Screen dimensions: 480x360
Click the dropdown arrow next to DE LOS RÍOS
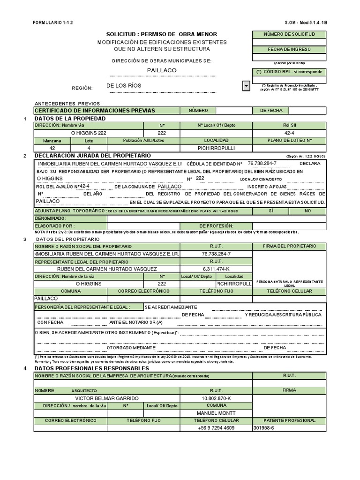point(246,86)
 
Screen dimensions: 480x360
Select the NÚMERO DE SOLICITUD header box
point(289,35)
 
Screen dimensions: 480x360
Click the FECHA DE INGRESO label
point(289,49)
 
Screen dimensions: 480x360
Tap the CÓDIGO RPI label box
point(289,72)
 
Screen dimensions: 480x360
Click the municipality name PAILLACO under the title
point(162,70)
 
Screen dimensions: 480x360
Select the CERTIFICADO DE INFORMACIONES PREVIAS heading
point(95,110)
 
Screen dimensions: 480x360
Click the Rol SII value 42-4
point(289,133)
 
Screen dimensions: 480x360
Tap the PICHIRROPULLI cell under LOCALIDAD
point(216,148)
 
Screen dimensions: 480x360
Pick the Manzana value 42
point(52,148)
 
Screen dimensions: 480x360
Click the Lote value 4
point(89,148)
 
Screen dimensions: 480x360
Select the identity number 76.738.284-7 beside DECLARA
point(262,163)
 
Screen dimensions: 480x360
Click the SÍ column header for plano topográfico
point(270,211)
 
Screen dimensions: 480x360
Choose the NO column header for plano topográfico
point(307,211)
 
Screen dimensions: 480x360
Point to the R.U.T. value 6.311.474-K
point(216,269)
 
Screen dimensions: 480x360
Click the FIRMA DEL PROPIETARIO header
point(289,246)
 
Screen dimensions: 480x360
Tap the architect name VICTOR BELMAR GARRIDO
point(107,398)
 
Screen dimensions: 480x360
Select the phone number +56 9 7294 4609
point(216,428)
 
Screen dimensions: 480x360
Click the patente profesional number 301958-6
point(264,428)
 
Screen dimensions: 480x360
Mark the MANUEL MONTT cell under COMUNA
point(216,413)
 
